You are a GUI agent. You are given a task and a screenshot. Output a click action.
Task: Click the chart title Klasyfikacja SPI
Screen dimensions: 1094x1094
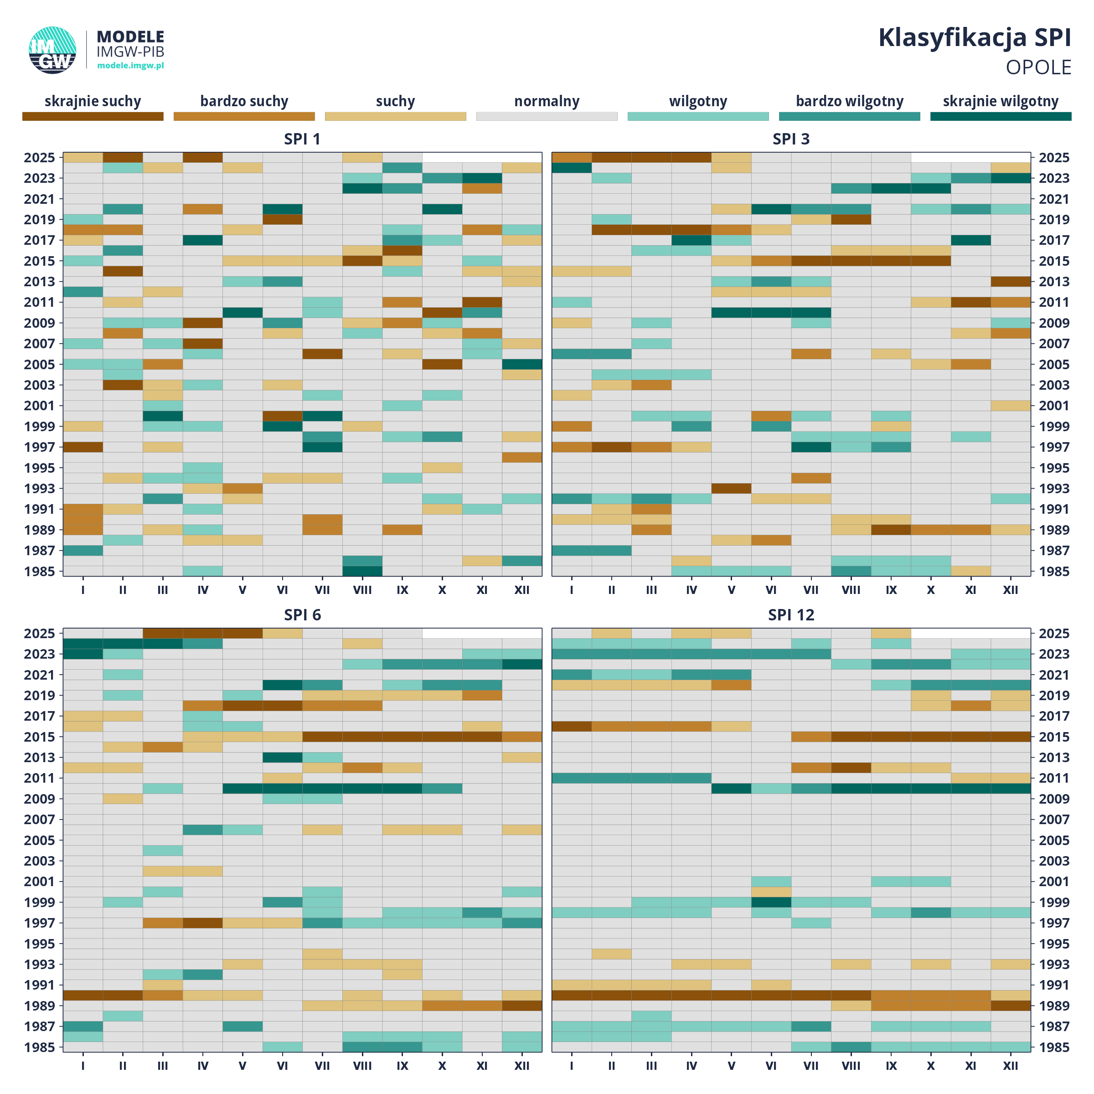coord(974,38)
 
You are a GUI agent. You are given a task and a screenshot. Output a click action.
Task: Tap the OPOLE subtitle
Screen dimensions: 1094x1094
coord(1038,67)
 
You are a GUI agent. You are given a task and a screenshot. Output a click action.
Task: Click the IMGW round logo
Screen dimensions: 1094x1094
coord(53,50)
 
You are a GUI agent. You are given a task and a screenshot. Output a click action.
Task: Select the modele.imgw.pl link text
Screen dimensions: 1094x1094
coord(130,66)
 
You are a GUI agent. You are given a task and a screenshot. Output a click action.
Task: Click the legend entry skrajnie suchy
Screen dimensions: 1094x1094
coord(93,101)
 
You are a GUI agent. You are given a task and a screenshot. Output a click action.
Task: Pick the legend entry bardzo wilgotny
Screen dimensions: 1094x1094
coord(849,101)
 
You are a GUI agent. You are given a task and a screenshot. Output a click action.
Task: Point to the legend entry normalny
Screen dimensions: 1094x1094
coord(547,101)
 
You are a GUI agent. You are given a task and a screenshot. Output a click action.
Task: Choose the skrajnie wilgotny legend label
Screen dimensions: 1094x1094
coord(1000,101)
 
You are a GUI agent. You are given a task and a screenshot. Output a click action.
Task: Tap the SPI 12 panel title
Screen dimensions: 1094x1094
coord(791,615)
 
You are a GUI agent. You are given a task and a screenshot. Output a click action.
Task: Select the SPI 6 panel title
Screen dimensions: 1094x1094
coord(302,615)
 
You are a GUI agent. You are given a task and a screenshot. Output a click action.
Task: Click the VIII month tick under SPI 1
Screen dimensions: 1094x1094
coord(362,590)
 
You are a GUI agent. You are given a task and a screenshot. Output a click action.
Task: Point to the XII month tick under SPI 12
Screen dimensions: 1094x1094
coord(1010,1066)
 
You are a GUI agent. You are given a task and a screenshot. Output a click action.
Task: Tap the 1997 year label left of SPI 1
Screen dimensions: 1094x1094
coord(40,447)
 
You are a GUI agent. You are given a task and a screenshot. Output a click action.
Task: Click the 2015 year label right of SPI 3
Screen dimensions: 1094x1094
coord(1054,261)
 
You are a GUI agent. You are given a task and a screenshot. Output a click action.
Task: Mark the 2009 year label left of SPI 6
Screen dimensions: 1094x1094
coord(40,799)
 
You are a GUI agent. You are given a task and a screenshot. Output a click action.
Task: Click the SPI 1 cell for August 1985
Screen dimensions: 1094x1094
coord(362,571)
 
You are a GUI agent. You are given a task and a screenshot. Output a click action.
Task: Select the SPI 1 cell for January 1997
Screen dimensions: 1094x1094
coord(83,447)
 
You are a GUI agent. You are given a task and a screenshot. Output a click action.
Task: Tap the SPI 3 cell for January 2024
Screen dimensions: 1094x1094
coord(572,168)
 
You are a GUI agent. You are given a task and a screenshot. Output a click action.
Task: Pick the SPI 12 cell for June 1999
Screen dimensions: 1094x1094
coord(771,902)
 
